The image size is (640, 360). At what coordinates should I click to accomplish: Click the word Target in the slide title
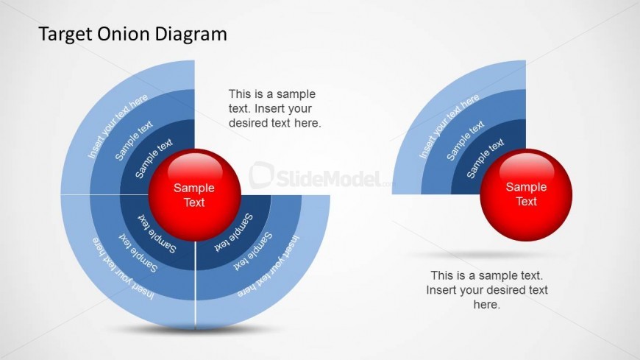click(65, 35)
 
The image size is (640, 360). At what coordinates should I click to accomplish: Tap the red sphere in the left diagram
click(194, 195)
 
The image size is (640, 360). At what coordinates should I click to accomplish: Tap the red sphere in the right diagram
click(526, 195)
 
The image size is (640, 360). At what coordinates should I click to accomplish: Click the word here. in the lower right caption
click(486, 305)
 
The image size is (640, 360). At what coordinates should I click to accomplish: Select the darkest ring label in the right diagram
click(486, 158)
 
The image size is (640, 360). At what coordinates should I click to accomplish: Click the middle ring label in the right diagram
click(466, 141)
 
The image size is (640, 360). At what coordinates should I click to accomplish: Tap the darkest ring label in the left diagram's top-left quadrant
click(154, 158)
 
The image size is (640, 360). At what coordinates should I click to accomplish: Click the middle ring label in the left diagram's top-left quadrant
click(134, 141)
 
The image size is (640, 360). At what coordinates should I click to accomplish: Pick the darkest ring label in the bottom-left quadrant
click(157, 233)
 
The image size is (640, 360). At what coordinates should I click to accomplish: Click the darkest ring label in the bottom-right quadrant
click(233, 232)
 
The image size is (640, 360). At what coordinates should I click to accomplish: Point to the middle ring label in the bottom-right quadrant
click(252, 251)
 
